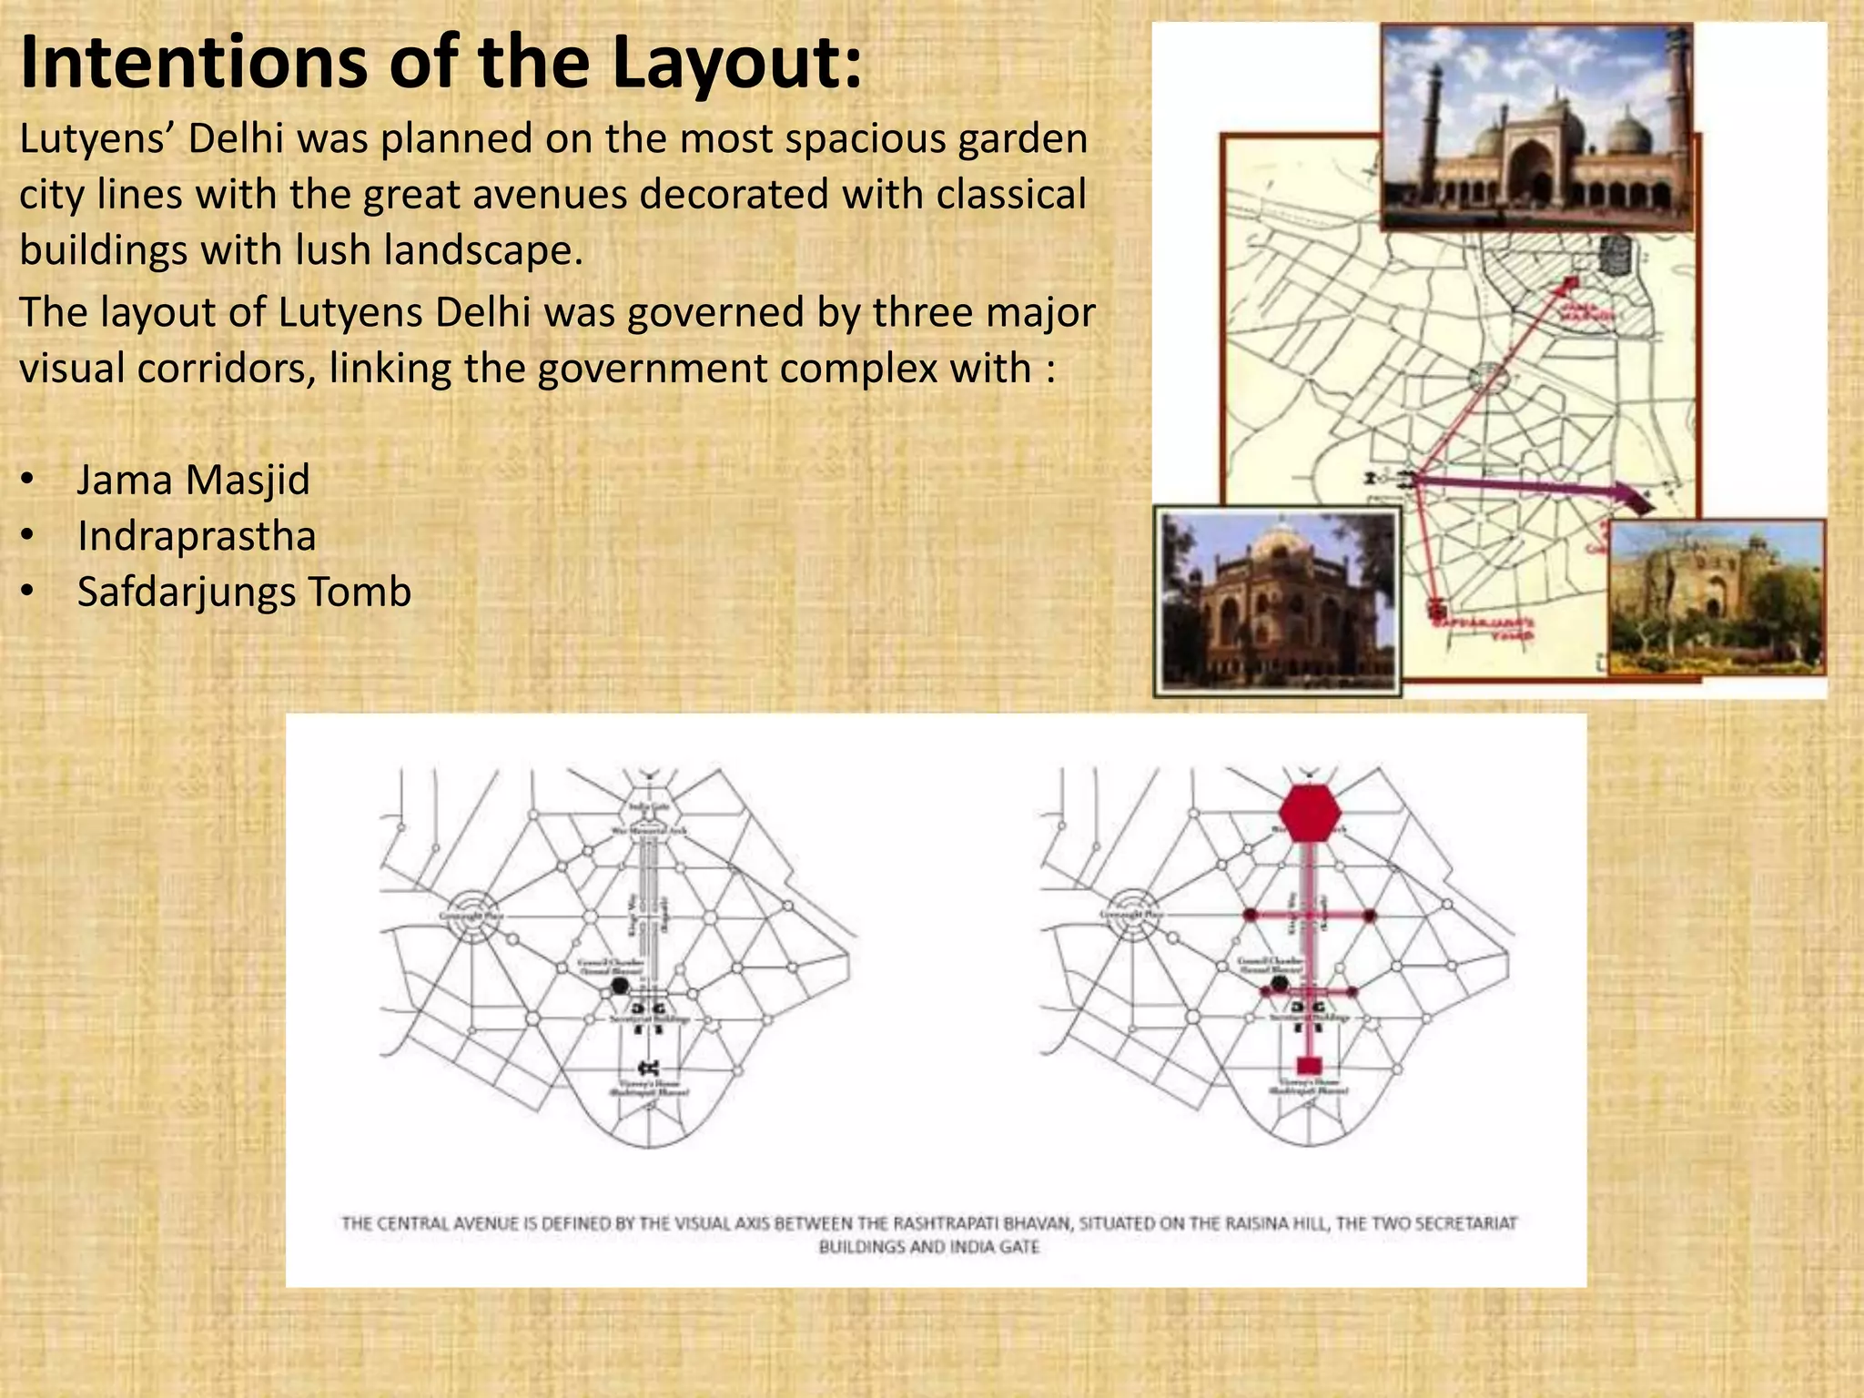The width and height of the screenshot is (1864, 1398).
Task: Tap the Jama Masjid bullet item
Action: coord(193,480)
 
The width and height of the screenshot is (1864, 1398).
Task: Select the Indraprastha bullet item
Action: coord(197,536)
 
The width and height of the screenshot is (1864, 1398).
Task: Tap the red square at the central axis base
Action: coord(1310,1065)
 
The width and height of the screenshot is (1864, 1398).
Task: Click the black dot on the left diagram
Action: coord(620,985)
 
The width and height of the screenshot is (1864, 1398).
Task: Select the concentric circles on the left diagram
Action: coord(471,915)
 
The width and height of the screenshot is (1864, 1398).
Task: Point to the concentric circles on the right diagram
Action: coord(1131,915)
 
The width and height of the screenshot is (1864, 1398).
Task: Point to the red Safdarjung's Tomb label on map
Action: coord(1484,628)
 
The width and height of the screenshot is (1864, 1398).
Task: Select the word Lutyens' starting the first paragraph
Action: coord(97,139)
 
